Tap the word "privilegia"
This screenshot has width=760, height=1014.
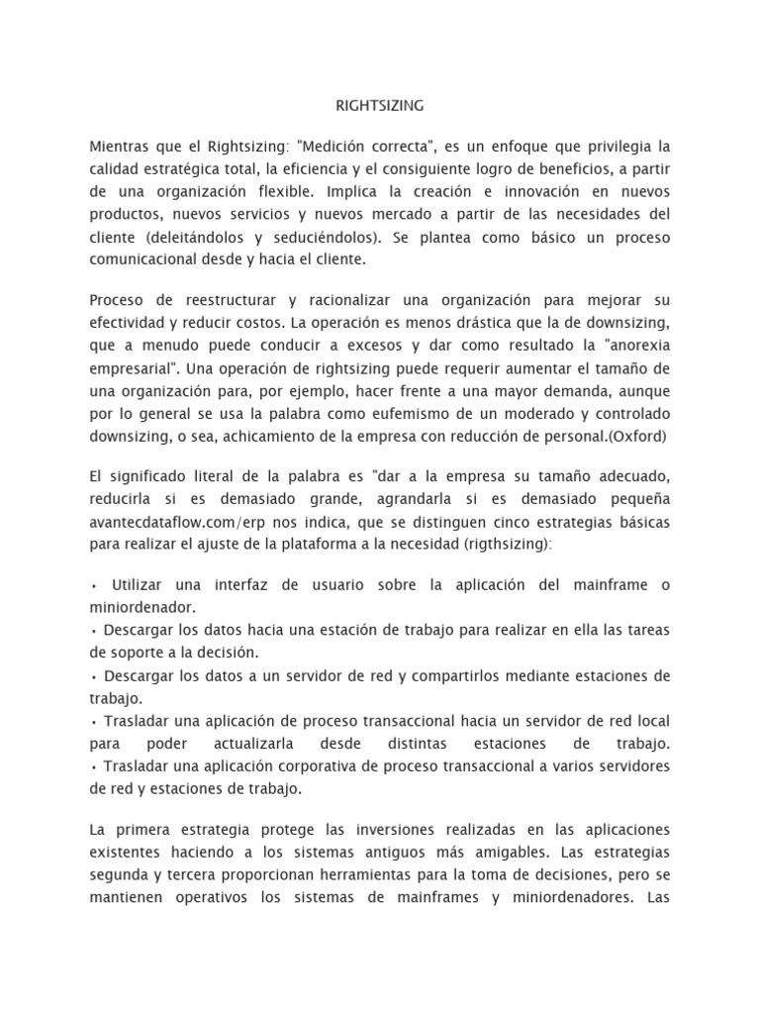(615, 148)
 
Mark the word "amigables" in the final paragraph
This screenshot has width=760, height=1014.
(485, 852)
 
